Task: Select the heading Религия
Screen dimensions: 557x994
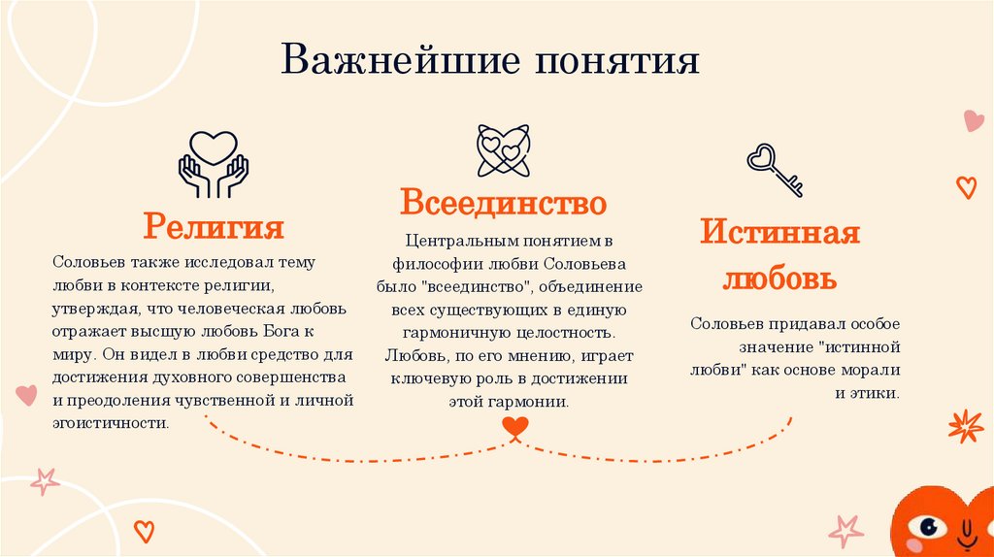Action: (214, 227)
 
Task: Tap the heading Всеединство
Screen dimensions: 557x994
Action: (504, 203)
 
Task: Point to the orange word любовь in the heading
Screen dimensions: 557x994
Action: (780, 278)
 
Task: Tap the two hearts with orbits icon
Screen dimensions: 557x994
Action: (504, 150)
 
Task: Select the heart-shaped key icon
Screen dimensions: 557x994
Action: (774, 169)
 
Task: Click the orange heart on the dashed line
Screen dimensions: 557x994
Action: (515, 426)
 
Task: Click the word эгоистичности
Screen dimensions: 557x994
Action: (112, 423)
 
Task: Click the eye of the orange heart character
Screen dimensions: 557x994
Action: (933, 528)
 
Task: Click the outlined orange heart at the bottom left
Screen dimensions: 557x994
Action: (144, 531)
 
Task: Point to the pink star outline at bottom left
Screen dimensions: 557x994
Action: (44, 480)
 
